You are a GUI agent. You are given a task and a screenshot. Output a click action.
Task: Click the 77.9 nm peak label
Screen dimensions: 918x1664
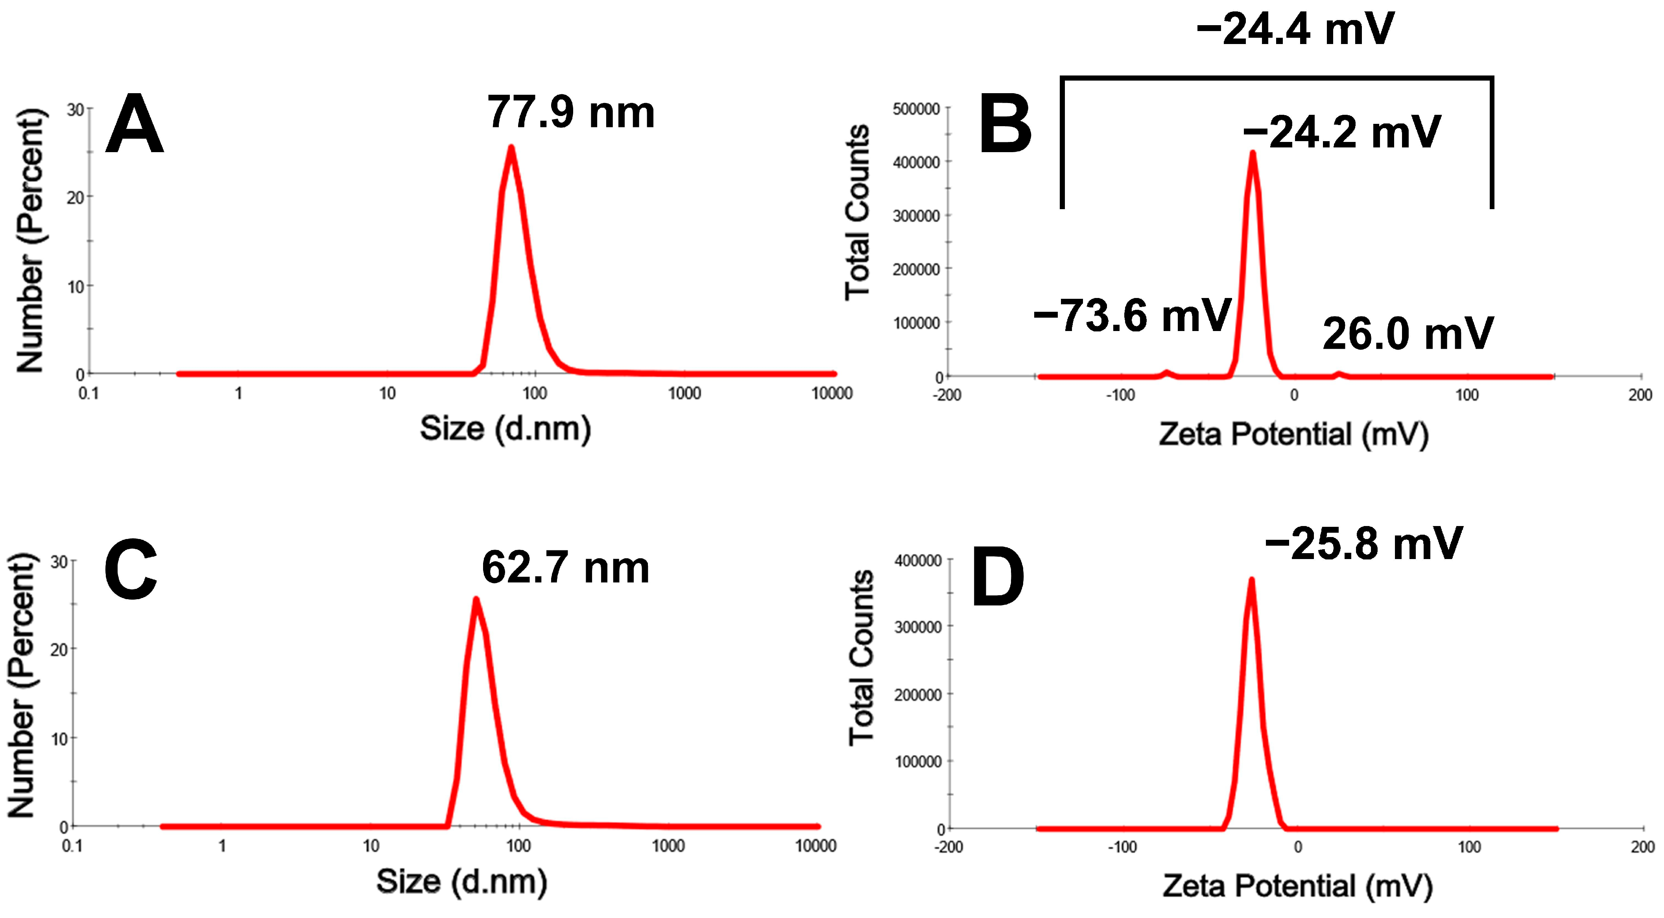[571, 112]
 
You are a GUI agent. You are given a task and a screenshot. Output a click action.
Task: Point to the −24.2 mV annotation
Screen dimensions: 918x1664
[1342, 132]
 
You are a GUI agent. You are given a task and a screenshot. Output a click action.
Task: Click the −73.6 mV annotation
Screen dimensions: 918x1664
[1132, 316]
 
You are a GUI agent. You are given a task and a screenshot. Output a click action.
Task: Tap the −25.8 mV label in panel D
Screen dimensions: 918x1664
[1363, 544]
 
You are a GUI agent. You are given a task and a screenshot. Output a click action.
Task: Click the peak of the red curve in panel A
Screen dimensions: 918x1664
[511, 148]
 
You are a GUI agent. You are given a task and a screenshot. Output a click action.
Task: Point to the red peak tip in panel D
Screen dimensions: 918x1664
[1251, 580]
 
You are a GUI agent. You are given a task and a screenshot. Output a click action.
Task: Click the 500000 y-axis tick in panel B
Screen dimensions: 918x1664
[916, 109]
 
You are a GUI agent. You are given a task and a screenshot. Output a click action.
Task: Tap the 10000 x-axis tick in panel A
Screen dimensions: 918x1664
[832, 393]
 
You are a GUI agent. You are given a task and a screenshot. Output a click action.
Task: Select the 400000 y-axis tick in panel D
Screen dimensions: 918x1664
[917, 560]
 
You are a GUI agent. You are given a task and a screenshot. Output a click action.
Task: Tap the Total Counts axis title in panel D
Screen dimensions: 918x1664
[861, 659]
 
